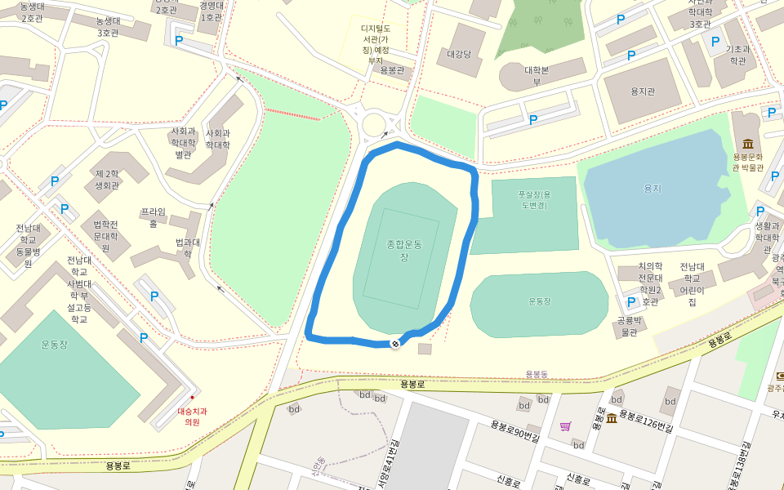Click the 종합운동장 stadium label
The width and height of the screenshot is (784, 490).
404,251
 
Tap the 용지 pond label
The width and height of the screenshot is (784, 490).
652,189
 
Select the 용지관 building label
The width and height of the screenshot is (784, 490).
643,91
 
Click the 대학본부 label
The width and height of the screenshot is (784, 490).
537,75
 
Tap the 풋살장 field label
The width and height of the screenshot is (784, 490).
534,200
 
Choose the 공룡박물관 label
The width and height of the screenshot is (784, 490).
627,326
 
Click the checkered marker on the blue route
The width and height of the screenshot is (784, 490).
394,344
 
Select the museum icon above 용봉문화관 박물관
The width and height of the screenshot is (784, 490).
747,144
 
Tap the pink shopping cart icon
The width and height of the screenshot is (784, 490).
565,426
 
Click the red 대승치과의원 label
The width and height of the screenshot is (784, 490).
191,416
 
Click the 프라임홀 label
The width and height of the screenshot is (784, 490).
153,217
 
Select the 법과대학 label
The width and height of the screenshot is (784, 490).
188,247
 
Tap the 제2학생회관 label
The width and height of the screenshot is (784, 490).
107,180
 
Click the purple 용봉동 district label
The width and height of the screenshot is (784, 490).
537,374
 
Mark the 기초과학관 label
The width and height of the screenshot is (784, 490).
737,55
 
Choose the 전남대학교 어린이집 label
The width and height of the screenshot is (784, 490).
692,284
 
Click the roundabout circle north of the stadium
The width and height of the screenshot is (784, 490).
375,125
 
